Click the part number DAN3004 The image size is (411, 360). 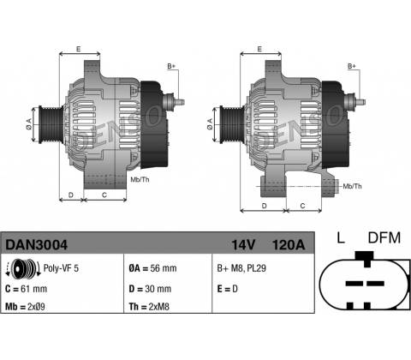point(37,245)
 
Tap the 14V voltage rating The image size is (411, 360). point(243,245)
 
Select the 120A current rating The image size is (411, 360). point(289,245)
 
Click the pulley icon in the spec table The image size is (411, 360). point(23,268)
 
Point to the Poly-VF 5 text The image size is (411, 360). point(61,268)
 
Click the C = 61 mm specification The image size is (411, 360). point(26,289)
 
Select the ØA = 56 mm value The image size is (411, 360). point(152,268)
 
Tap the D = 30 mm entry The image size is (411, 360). point(150,289)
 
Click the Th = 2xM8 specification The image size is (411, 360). point(149,307)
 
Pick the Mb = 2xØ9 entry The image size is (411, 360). point(25,307)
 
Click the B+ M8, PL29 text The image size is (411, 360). point(241,268)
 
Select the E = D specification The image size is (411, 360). point(227,289)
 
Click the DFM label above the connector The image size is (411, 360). point(384,238)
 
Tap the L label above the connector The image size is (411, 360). point(341,238)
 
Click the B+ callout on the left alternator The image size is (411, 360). point(171,66)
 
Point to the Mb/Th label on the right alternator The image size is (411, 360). point(352,186)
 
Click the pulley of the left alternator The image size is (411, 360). point(51,124)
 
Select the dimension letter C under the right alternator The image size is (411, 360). point(302,206)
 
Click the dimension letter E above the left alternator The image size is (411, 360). point(79,49)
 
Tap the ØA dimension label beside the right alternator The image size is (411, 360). point(210,124)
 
